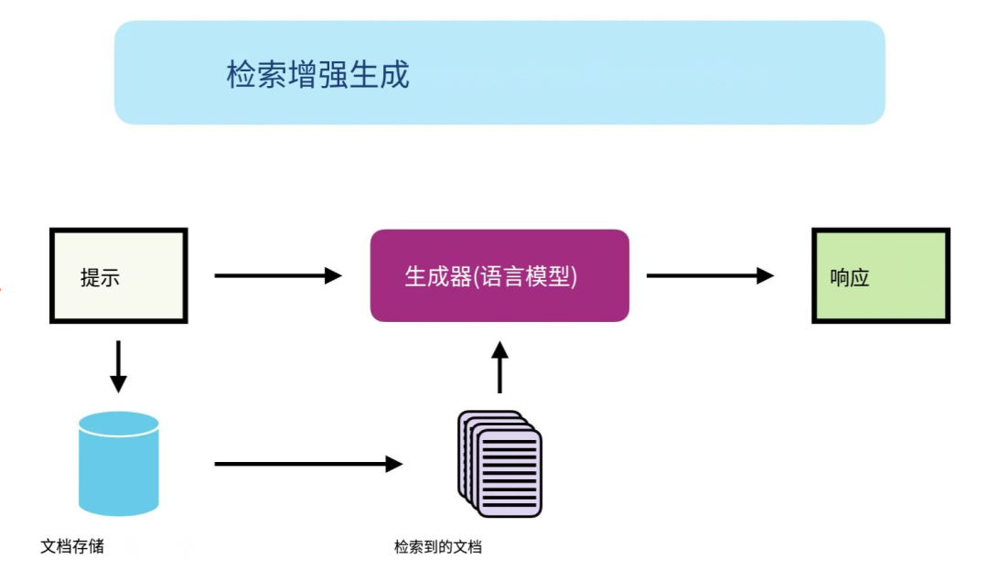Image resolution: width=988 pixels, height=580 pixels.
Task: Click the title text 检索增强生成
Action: point(317,74)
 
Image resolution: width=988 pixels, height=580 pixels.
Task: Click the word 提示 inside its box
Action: point(100,278)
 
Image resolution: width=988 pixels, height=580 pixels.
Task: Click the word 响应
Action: point(849,278)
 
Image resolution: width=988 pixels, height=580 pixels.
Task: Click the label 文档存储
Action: point(72,546)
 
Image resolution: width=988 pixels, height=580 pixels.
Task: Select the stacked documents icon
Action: point(500,465)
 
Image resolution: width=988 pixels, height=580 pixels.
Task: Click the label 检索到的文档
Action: point(437,547)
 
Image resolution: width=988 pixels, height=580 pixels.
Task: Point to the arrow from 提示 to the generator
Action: point(274,275)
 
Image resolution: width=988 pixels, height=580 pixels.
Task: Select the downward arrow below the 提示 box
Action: point(118,365)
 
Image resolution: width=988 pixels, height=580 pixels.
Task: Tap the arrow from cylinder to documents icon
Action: point(306,464)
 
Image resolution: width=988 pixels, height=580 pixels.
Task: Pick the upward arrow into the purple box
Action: point(499,368)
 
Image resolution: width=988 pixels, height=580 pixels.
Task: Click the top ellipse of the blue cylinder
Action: point(119,423)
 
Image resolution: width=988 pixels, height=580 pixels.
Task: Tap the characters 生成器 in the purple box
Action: point(435,276)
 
